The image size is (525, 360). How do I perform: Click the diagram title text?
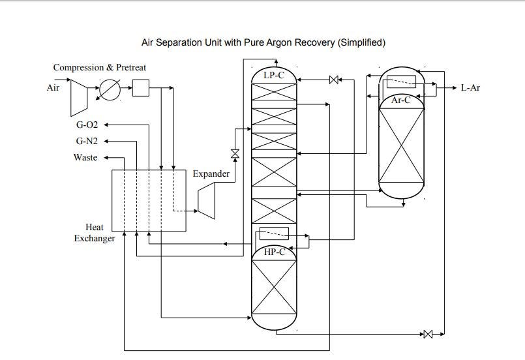click(x=263, y=43)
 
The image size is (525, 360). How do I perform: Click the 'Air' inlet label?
click(x=53, y=87)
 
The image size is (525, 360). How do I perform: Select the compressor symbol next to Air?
click(x=80, y=89)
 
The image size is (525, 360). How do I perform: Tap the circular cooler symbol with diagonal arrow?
click(x=110, y=89)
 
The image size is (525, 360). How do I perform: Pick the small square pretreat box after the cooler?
click(x=141, y=88)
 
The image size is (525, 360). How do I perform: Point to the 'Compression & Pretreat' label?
click(x=100, y=67)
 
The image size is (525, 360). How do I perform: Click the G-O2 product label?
click(x=87, y=124)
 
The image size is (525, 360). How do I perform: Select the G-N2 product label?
click(x=87, y=141)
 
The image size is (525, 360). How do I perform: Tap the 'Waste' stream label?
click(x=85, y=157)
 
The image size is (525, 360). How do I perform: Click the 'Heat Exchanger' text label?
click(x=95, y=233)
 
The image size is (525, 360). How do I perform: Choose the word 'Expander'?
click(x=211, y=173)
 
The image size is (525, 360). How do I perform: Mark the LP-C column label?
click(x=274, y=76)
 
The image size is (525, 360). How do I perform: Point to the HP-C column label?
click(x=274, y=252)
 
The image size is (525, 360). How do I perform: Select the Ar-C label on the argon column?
click(x=401, y=100)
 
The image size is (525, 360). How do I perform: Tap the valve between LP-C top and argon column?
click(x=334, y=80)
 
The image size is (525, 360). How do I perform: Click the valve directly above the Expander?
click(x=235, y=155)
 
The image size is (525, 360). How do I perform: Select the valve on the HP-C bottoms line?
click(x=428, y=335)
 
